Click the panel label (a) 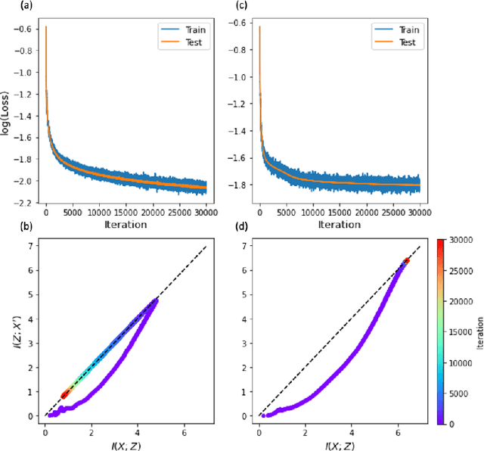point(8,5)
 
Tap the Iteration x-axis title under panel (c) point(339,224)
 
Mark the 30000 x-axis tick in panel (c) point(419,213)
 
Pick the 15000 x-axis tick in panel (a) point(126,213)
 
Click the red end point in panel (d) point(407,260)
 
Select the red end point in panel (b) point(64,394)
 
